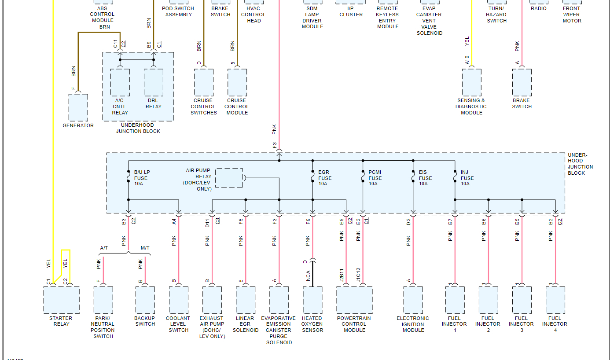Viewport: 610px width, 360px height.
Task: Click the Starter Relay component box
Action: tap(62, 300)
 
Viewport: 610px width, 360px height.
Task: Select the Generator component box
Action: tap(78, 107)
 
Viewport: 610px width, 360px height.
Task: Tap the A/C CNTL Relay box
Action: tap(120, 82)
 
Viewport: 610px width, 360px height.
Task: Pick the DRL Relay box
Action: tap(154, 82)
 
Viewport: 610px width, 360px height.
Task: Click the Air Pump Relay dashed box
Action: tap(229, 178)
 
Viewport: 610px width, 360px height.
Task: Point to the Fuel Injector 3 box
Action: tap(522, 300)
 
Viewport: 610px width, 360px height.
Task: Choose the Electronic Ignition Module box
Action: tap(413, 300)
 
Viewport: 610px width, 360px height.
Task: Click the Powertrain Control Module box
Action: tap(354, 300)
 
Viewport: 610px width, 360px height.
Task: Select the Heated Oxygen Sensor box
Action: tap(312, 300)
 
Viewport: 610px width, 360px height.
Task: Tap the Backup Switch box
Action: tap(145, 300)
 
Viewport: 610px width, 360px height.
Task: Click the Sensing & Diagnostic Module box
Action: tap(471, 82)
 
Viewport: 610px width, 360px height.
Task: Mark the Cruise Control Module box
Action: tap(237, 82)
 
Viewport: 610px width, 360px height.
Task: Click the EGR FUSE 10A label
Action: tap(325, 178)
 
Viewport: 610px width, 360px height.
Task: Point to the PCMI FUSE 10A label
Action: tap(375, 178)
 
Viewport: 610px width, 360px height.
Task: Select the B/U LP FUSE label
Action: tap(142, 178)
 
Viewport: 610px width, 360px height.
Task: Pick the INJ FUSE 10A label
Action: tap(467, 178)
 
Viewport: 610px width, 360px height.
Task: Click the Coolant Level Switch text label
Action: tap(178, 324)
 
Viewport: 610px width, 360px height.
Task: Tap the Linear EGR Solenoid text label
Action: tap(245, 324)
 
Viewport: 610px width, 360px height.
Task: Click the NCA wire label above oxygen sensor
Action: tap(308, 276)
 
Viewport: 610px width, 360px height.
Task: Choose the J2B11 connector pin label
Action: tap(342, 275)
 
